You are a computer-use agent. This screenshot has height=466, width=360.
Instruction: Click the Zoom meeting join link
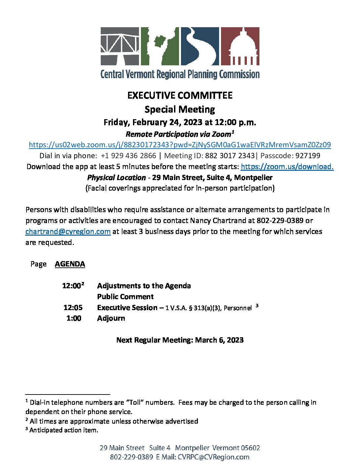click(x=180, y=145)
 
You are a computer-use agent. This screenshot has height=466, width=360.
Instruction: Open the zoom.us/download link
click(x=287, y=166)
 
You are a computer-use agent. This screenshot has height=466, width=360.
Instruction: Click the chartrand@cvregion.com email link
click(x=68, y=231)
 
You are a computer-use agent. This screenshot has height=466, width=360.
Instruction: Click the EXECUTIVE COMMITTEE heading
click(x=180, y=95)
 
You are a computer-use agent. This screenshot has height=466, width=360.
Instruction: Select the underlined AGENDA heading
click(x=70, y=264)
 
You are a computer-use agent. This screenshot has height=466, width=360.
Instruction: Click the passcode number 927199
click(x=308, y=156)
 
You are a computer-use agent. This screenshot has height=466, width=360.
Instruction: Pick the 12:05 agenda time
click(x=73, y=307)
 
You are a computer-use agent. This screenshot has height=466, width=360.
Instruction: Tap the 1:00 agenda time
click(x=74, y=318)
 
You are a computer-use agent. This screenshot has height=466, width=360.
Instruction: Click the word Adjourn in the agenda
click(x=111, y=318)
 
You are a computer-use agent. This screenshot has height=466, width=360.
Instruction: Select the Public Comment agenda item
click(x=125, y=297)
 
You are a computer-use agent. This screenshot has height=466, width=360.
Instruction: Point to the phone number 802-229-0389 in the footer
click(x=131, y=457)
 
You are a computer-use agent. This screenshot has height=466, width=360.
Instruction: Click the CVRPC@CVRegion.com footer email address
click(x=213, y=457)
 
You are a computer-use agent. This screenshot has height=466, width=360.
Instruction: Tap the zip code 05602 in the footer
click(x=250, y=448)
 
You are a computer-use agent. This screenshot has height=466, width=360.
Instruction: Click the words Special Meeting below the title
click(x=180, y=109)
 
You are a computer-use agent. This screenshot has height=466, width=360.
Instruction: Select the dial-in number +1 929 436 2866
click(x=128, y=156)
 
